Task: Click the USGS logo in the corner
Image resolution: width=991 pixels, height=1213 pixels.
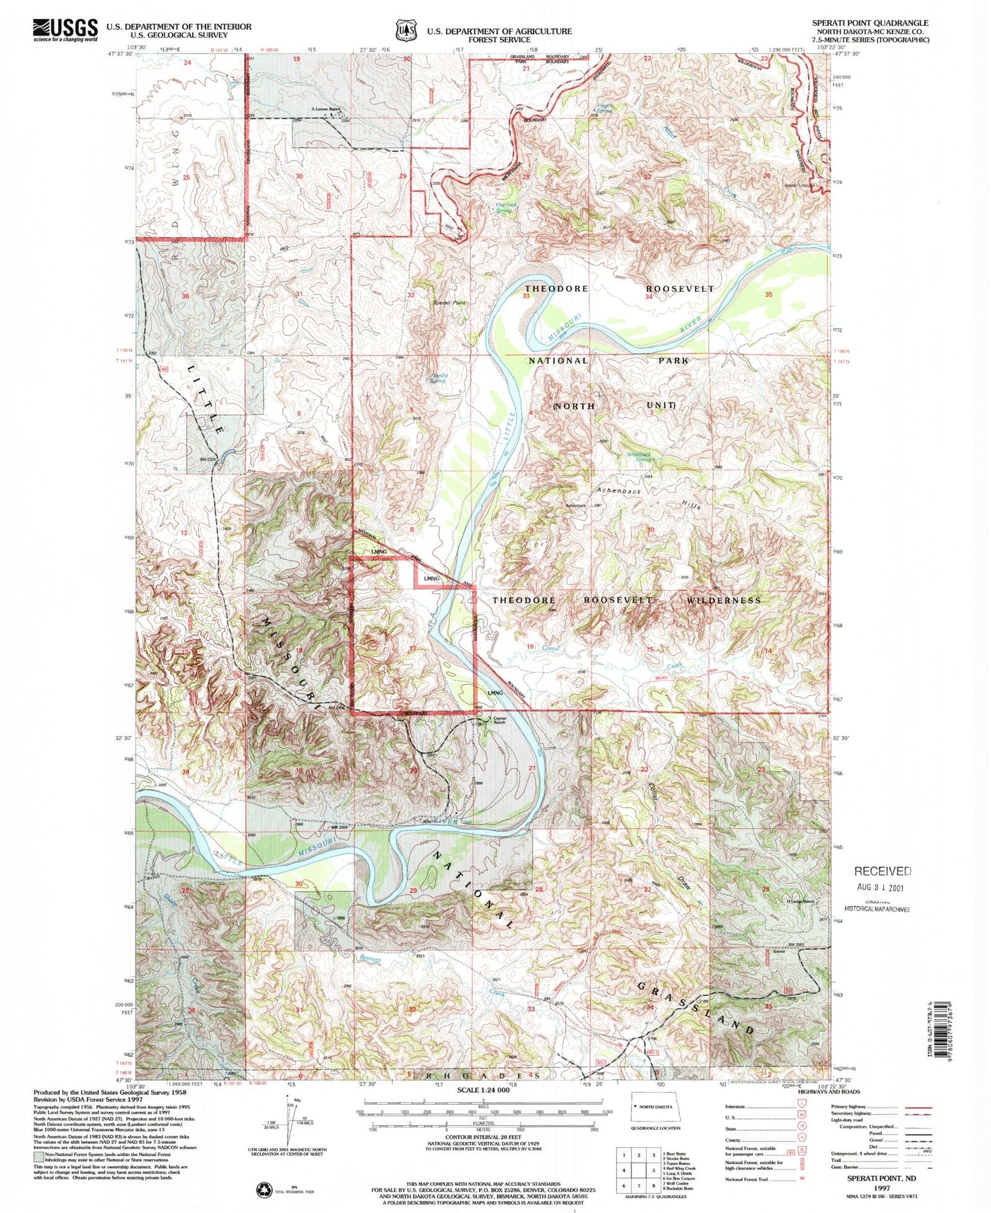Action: pyautogui.click(x=64, y=30)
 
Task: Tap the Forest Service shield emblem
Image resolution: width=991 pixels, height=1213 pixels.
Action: pyautogui.click(x=406, y=30)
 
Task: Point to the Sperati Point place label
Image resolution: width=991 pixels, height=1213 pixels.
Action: pyautogui.click(x=449, y=302)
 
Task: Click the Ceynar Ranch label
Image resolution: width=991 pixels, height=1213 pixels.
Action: pyautogui.click(x=499, y=720)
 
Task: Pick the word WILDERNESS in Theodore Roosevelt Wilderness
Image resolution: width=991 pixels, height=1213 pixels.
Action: pyautogui.click(x=723, y=600)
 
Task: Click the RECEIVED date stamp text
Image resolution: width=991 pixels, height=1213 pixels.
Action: pyautogui.click(x=883, y=871)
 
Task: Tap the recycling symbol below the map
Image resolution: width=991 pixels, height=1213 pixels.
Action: pyautogui.click(x=264, y=1189)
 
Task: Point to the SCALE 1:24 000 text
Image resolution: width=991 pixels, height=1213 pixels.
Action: pyautogui.click(x=484, y=1090)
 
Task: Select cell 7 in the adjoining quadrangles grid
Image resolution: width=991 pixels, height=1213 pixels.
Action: pyautogui.click(x=624, y=1185)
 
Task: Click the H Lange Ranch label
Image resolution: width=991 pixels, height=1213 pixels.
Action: pyautogui.click(x=799, y=902)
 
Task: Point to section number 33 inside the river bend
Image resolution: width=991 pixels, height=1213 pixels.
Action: pyautogui.click(x=526, y=296)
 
